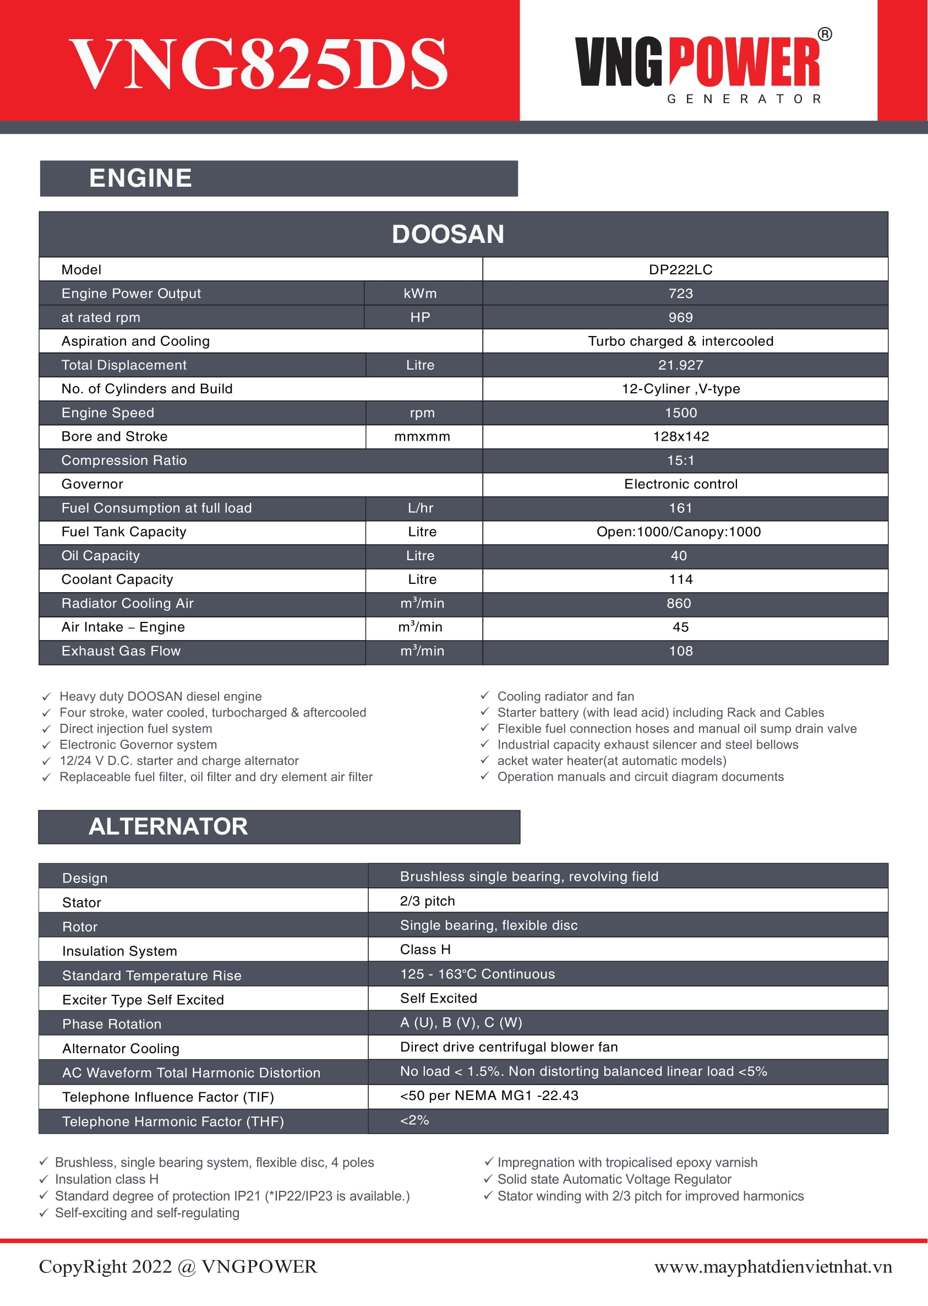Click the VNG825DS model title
click(x=258, y=63)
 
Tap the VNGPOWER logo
click(x=702, y=66)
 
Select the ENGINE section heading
click(x=140, y=178)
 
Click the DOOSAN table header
click(x=448, y=235)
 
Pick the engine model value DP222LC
click(x=680, y=270)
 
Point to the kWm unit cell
click(x=420, y=294)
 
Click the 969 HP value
click(x=680, y=317)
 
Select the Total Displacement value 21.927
click(x=680, y=365)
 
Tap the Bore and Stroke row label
click(x=114, y=436)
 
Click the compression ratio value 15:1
click(x=680, y=460)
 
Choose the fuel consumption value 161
click(x=680, y=508)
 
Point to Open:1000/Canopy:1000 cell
click(x=678, y=532)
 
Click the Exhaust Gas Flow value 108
click(x=680, y=651)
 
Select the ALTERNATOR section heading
click(x=168, y=826)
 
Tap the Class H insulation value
click(x=425, y=949)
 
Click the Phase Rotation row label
click(x=111, y=1023)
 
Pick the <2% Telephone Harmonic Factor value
click(x=414, y=1120)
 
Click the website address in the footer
click(x=773, y=1267)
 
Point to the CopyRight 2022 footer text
click(x=178, y=1266)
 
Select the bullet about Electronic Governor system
click(x=138, y=745)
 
